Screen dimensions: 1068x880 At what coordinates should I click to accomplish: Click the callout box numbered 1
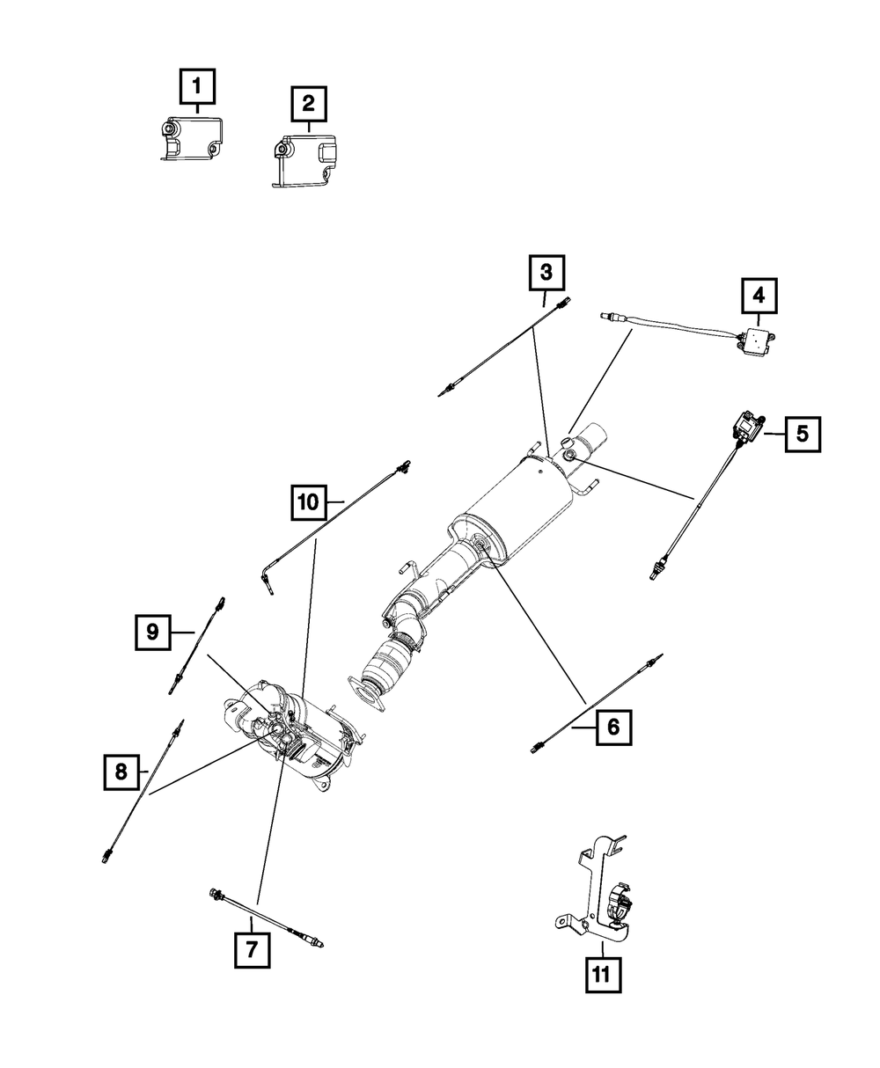[x=197, y=87]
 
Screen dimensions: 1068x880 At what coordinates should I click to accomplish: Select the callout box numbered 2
[x=308, y=104]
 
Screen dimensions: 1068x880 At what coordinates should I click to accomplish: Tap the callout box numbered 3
[x=546, y=273]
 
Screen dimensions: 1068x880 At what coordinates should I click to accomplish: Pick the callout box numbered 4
[x=759, y=296]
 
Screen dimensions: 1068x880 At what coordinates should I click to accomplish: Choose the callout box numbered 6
[x=613, y=728]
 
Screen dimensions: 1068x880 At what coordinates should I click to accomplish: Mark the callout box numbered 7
[x=252, y=949]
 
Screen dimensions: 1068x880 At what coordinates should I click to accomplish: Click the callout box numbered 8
[x=121, y=772]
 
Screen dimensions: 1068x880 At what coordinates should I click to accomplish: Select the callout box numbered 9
[x=153, y=632]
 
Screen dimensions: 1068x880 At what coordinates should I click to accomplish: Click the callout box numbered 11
[x=602, y=974]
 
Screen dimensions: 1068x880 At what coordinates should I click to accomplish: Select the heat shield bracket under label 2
[x=304, y=157]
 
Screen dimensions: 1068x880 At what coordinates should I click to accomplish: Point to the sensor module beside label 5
[x=746, y=429]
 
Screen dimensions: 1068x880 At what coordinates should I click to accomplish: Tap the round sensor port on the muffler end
[x=569, y=455]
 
